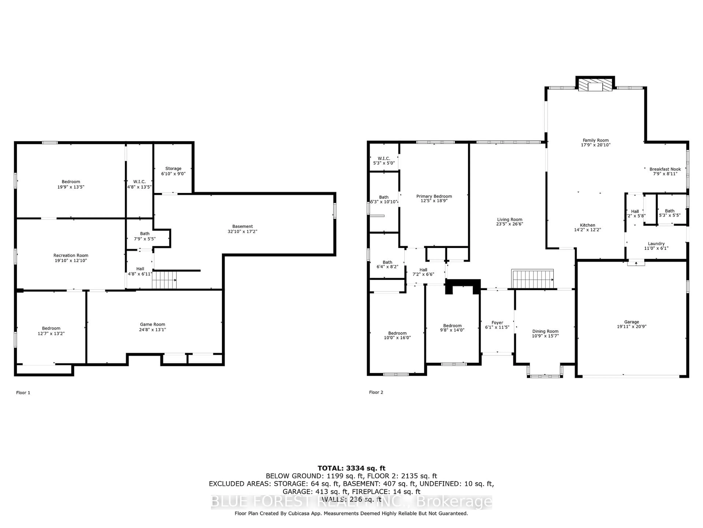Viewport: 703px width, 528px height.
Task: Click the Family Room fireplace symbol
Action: [x=595, y=85]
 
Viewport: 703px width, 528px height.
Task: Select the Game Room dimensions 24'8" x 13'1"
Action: [x=152, y=330]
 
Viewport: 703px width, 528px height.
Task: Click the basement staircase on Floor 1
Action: [x=164, y=280]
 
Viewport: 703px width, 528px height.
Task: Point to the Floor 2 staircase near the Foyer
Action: [x=532, y=279]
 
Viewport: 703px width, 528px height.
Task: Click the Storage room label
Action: [x=173, y=168]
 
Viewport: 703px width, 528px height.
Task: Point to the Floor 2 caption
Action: [x=376, y=392]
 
